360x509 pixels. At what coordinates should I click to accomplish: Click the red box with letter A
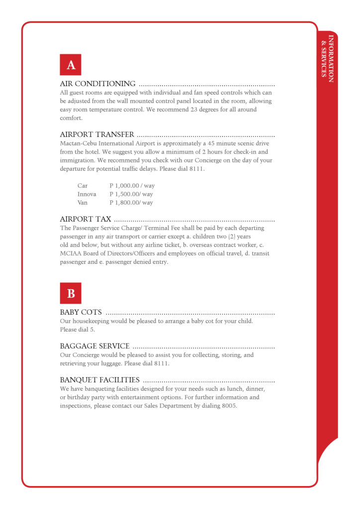[71, 65]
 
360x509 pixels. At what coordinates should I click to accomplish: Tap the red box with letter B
[71, 293]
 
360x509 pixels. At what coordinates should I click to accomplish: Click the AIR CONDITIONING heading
[97, 84]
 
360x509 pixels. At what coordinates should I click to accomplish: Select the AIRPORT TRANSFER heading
[97, 134]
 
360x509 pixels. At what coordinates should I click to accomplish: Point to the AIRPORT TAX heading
[86, 219]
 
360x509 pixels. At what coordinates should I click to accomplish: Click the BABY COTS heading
[81, 312]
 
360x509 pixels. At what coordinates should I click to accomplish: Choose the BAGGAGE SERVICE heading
[95, 346]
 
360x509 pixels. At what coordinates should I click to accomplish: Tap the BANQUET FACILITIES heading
[99, 380]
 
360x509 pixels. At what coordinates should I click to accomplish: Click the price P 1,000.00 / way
[132, 186]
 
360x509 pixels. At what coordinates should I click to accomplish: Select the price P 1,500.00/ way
[131, 194]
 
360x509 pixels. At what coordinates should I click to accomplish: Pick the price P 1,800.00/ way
[131, 203]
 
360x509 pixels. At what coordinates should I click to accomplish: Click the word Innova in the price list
[87, 194]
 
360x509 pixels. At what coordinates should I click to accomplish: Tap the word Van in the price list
[82, 203]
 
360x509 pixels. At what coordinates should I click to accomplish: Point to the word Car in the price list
[83, 186]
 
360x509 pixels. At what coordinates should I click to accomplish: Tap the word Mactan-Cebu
[76, 143]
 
